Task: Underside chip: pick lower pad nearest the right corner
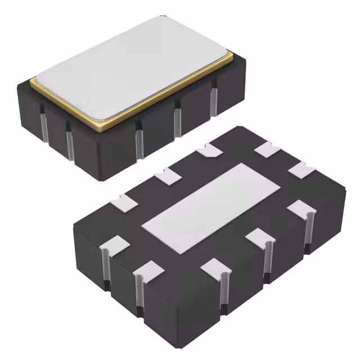[299, 209]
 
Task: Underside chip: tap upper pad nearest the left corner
[125, 199]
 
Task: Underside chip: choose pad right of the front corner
[216, 266]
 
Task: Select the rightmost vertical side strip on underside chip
[309, 231]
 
